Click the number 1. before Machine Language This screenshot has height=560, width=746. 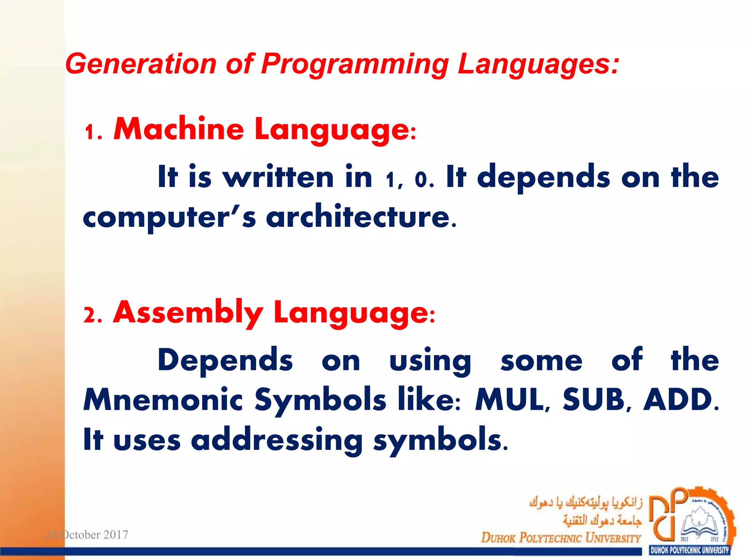click(93, 132)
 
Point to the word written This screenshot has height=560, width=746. click(278, 177)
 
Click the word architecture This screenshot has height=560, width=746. click(361, 217)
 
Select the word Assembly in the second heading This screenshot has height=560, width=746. click(188, 313)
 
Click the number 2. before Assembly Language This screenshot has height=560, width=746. click(93, 315)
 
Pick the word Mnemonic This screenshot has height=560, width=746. click(163, 400)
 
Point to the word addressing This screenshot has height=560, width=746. click(277, 440)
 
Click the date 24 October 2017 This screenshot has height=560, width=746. click(86, 534)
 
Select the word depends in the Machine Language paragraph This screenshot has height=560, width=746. click(543, 177)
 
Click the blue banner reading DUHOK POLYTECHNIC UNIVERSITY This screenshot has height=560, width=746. click(690, 550)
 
